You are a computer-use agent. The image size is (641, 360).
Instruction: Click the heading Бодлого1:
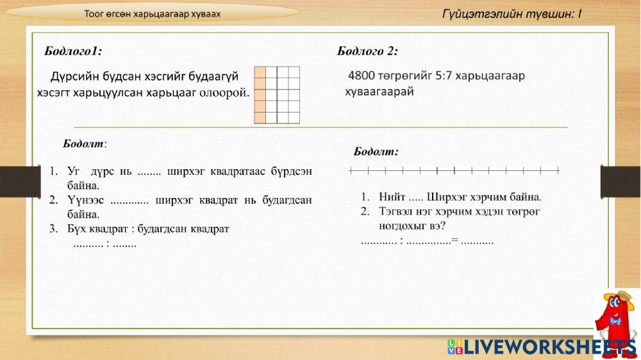click(72, 51)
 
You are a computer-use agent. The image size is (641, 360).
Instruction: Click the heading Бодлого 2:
click(367, 51)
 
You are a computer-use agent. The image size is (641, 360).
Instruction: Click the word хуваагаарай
click(379, 91)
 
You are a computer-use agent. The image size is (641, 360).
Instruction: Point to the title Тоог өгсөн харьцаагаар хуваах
click(152, 13)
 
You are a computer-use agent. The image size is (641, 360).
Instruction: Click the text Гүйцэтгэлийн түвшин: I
click(512, 13)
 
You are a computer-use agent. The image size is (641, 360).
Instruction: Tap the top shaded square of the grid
click(260, 72)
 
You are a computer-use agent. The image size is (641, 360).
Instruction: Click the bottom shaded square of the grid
click(260, 117)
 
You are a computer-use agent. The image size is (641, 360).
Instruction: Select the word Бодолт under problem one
click(84, 143)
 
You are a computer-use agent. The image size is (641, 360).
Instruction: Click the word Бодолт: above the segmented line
click(376, 151)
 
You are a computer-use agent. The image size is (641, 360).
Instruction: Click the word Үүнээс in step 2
click(85, 200)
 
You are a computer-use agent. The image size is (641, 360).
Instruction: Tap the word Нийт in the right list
click(392, 197)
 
